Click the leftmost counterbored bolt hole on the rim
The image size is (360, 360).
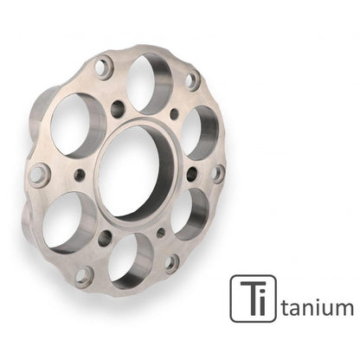coord(38,174)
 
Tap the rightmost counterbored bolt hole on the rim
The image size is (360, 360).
coord(217,172)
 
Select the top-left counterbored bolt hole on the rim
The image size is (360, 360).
coord(103,67)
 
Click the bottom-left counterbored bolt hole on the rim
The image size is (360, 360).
coord(84,276)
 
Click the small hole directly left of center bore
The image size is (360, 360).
coord(80,175)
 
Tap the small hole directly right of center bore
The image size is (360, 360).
coord(191,174)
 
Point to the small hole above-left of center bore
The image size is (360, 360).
coord(119,108)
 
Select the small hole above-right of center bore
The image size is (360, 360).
coord(173,114)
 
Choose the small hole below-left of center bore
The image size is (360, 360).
coord(105,237)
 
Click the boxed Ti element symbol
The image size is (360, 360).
coord(253,299)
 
